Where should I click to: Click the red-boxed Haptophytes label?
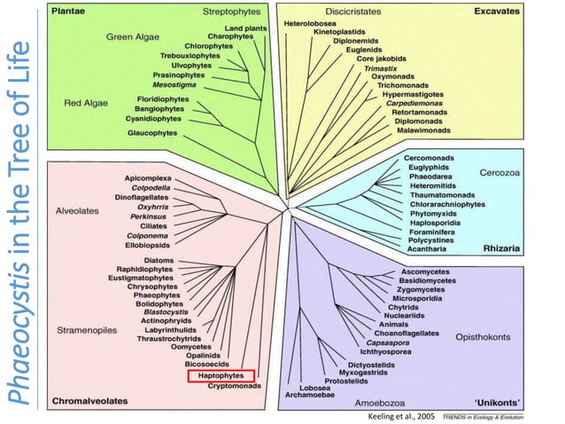[221, 376]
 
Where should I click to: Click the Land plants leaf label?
[246, 27]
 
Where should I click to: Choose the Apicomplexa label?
[148, 178]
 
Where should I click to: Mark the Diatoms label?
[159, 260]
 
